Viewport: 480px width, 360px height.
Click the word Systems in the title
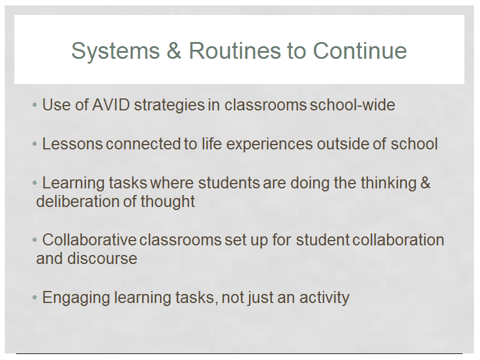coord(115,51)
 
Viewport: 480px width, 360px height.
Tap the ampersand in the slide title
coord(174,50)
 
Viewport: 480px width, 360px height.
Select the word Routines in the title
coord(235,50)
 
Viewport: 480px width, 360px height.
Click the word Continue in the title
coord(359,50)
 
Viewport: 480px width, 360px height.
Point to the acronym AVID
coord(111,105)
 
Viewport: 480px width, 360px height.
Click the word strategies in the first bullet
coord(169,106)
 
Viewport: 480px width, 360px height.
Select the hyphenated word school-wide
coord(352,105)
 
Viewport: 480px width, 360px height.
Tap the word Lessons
coord(72,144)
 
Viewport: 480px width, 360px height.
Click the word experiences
coord(269,145)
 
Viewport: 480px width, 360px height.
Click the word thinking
coord(388,184)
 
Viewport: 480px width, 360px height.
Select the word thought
coord(168,202)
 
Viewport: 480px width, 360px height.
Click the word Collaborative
coord(89,239)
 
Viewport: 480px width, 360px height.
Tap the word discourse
coord(102,259)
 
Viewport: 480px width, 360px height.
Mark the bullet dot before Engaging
coord(35,297)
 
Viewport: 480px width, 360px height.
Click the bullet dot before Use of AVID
coord(35,106)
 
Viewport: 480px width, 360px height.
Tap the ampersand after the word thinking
coord(425,183)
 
